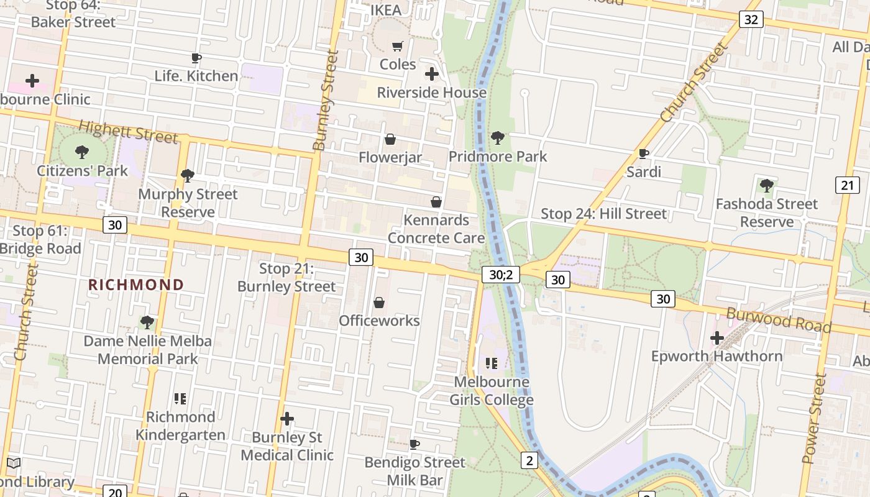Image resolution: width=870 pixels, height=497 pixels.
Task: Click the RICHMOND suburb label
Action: [x=136, y=285]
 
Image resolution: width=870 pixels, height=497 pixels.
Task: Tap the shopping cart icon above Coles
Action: [x=398, y=46]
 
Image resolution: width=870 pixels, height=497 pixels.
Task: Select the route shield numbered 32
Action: [x=751, y=19]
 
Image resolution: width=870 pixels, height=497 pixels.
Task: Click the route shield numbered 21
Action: [x=847, y=185]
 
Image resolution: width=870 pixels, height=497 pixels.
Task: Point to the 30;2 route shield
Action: [x=500, y=274]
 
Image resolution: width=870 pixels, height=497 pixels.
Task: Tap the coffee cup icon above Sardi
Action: [x=644, y=153]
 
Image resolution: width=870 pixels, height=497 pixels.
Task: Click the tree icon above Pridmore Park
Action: [x=497, y=138]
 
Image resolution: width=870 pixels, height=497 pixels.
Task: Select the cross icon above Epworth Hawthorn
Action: [x=717, y=339]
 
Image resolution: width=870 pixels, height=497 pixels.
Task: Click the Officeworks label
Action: [x=379, y=321]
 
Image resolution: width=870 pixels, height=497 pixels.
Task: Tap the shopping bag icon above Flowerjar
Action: [x=390, y=139]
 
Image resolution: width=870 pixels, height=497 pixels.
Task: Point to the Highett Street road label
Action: [x=128, y=132]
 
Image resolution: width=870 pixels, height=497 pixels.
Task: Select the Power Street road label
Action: [x=814, y=419]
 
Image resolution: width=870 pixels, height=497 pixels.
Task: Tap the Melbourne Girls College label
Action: [x=492, y=391]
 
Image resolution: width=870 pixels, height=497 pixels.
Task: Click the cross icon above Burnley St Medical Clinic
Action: [x=286, y=419]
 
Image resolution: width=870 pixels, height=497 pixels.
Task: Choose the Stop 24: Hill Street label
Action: [x=603, y=214]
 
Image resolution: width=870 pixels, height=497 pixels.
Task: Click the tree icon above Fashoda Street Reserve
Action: [x=767, y=185]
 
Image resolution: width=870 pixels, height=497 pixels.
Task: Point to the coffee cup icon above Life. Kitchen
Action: [x=196, y=58]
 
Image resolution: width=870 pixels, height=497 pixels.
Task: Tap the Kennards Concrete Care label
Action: [x=436, y=229]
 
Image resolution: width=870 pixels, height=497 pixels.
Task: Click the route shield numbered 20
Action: [x=115, y=492]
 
